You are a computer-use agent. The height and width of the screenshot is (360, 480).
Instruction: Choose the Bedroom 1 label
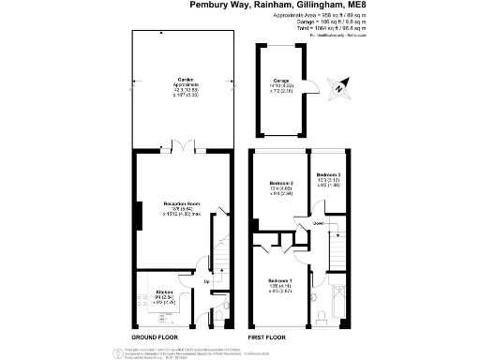pos(281,281)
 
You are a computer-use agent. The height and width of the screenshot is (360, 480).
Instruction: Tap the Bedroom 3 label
pos(328,175)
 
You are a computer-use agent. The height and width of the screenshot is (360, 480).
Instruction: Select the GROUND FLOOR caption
pos(157,335)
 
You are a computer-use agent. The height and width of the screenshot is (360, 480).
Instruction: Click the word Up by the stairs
pos(206,279)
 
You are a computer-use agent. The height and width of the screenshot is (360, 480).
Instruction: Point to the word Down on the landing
pos(319,224)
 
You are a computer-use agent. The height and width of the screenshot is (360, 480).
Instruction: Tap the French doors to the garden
pos(176,144)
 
